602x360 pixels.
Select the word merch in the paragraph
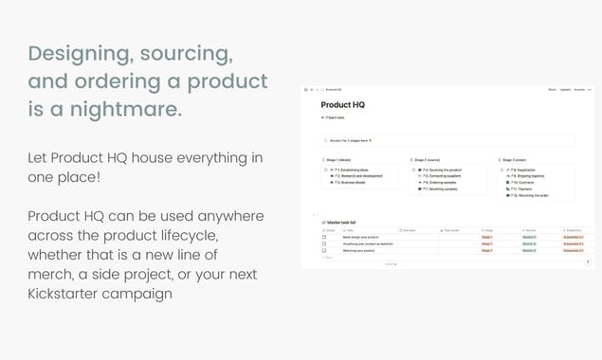53,275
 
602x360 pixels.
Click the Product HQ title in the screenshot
342,105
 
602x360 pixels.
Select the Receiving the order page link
535,195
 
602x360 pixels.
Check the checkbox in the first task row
324,237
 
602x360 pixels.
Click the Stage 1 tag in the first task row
486,237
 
